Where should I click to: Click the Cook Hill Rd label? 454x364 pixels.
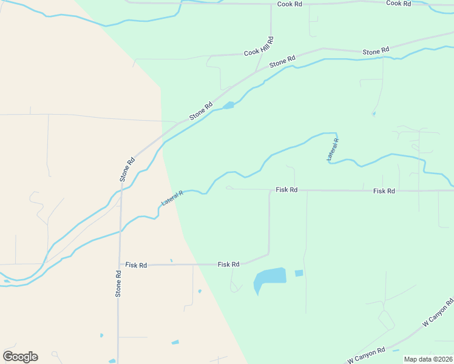point(260,46)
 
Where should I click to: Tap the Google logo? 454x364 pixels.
point(20,356)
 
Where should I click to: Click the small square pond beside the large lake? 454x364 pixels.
point(299,273)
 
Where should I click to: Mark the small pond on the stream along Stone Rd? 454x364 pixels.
point(228,106)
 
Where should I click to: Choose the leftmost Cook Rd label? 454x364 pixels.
point(290,4)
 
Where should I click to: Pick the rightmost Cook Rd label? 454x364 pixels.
point(399,4)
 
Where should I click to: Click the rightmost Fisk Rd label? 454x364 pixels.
point(384,190)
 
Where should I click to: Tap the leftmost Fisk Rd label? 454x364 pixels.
point(136,265)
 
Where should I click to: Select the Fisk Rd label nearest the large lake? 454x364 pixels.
point(229,265)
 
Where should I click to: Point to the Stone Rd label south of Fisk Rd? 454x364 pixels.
point(119,283)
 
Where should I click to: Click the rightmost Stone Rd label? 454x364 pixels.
point(376,52)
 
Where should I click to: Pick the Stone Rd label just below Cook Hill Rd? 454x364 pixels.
point(282,61)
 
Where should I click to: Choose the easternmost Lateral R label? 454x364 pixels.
point(333,149)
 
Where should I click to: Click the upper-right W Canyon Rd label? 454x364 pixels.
point(438,312)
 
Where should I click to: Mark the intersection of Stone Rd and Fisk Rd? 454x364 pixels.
point(120,265)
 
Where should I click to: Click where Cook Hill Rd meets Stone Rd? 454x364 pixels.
point(258,70)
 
